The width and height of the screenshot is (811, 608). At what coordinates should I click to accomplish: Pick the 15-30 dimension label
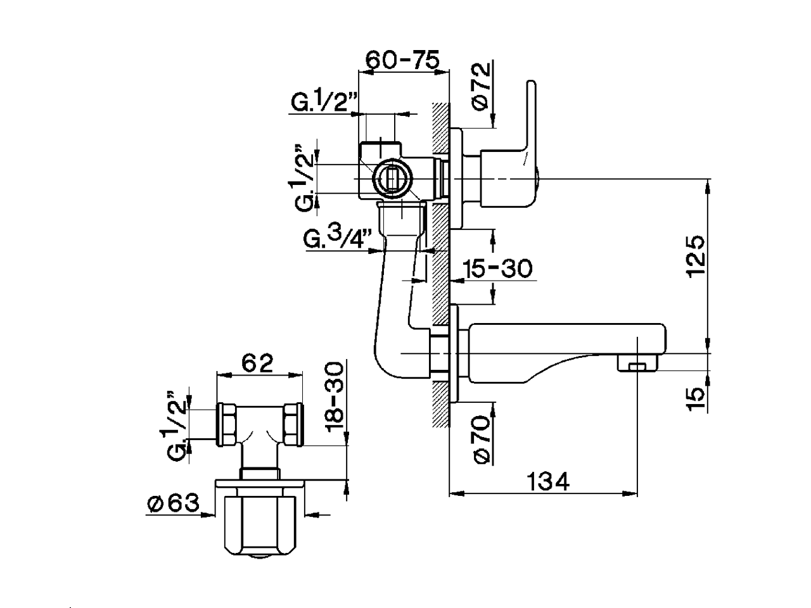(x=497, y=269)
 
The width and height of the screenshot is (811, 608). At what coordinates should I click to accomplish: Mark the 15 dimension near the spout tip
(x=695, y=396)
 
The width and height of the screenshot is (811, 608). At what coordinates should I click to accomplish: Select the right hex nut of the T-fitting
(x=292, y=424)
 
